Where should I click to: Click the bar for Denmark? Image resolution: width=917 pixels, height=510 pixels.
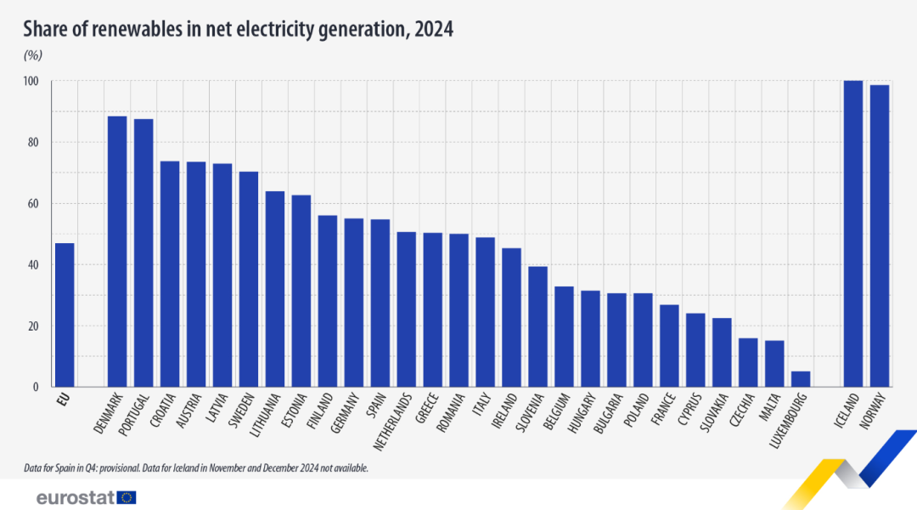(117, 252)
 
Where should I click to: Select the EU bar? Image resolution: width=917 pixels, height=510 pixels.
(65, 315)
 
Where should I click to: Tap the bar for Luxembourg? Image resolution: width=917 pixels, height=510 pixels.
(801, 379)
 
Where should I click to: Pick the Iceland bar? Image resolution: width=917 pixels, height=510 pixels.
(852, 234)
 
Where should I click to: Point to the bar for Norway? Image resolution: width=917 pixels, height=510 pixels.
(880, 236)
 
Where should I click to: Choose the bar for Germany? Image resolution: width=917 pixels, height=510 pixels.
(353, 303)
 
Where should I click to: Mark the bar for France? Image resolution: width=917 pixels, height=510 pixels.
(669, 346)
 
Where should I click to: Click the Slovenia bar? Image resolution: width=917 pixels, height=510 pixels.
(537, 326)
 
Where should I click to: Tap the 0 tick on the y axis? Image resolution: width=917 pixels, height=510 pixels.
(36, 388)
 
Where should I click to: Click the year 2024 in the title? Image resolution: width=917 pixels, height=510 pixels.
(432, 29)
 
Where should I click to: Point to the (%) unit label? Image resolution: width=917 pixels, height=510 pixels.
(33, 55)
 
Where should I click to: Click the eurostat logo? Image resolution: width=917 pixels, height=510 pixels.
(86, 497)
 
